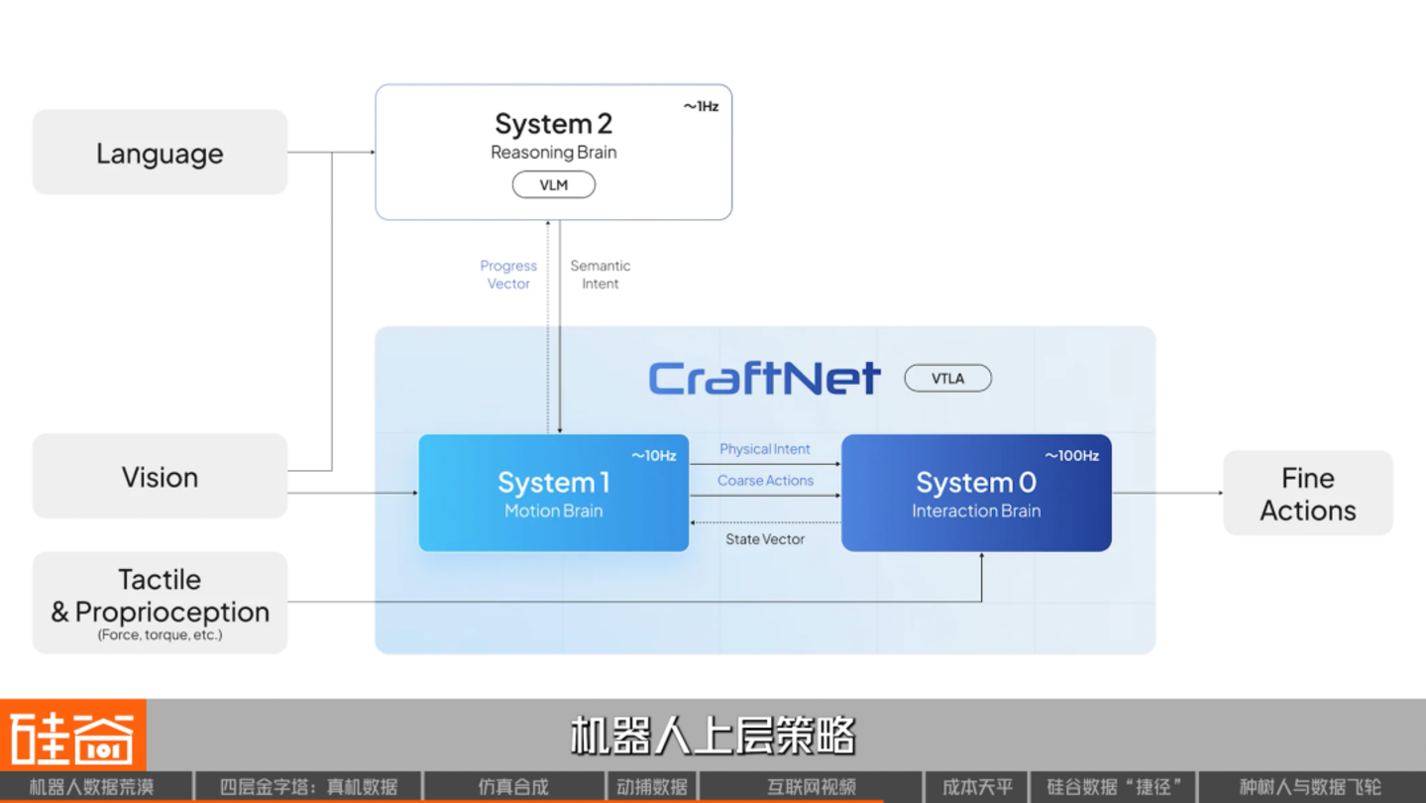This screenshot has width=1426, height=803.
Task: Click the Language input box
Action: (160, 153)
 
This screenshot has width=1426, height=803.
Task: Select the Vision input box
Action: (160, 476)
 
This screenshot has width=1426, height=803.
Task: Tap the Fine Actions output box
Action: (1308, 494)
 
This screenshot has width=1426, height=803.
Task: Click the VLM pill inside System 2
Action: (554, 184)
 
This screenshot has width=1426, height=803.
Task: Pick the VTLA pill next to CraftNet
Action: (948, 379)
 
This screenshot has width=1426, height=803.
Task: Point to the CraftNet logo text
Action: (765, 379)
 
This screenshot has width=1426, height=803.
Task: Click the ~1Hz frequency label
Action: (701, 106)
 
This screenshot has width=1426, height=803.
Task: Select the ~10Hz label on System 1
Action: (654, 456)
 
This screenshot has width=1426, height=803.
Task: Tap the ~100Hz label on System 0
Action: (1072, 456)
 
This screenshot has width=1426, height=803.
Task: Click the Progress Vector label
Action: (508, 275)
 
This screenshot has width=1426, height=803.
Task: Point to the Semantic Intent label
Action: (601, 275)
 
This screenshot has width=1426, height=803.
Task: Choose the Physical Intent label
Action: (765, 449)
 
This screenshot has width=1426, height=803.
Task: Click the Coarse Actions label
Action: (765, 480)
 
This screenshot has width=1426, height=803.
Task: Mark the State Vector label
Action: (765, 538)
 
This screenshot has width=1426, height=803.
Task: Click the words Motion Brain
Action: (553, 511)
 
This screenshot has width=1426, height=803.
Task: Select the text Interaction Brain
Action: (976, 511)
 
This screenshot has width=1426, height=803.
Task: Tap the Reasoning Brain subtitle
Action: (553, 153)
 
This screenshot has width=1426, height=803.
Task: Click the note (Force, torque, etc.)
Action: (160, 634)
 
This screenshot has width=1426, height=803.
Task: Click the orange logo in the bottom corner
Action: (73, 736)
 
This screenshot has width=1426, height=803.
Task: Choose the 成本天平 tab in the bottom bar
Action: (977, 787)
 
